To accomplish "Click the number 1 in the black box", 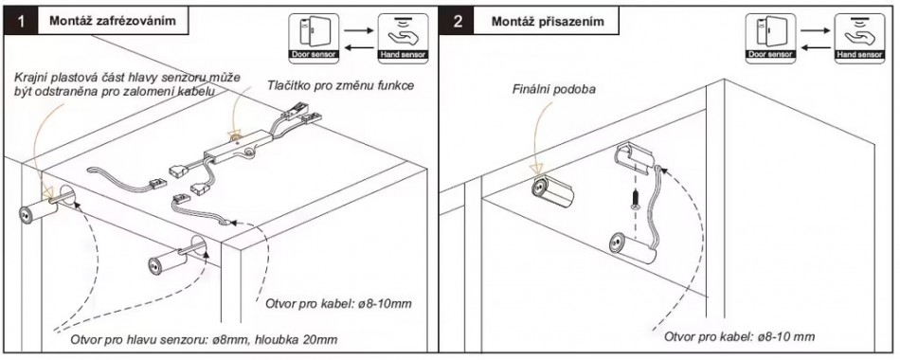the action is click(x=21, y=21).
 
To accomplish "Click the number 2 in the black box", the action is click(x=458, y=21).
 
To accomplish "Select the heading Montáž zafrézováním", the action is click(x=112, y=21).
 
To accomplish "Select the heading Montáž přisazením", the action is click(x=548, y=21).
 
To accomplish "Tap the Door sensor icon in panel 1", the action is click(x=314, y=38).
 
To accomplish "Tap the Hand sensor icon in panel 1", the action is click(x=403, y=38).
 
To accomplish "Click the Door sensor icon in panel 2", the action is click(x=770, y=38).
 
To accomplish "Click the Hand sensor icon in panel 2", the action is click(x=860, y=38).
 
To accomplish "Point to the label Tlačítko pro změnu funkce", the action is click(x=340, y=86).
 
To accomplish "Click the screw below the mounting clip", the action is click(x=636, y=199).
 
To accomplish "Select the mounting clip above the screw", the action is click(x=634, y=158).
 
